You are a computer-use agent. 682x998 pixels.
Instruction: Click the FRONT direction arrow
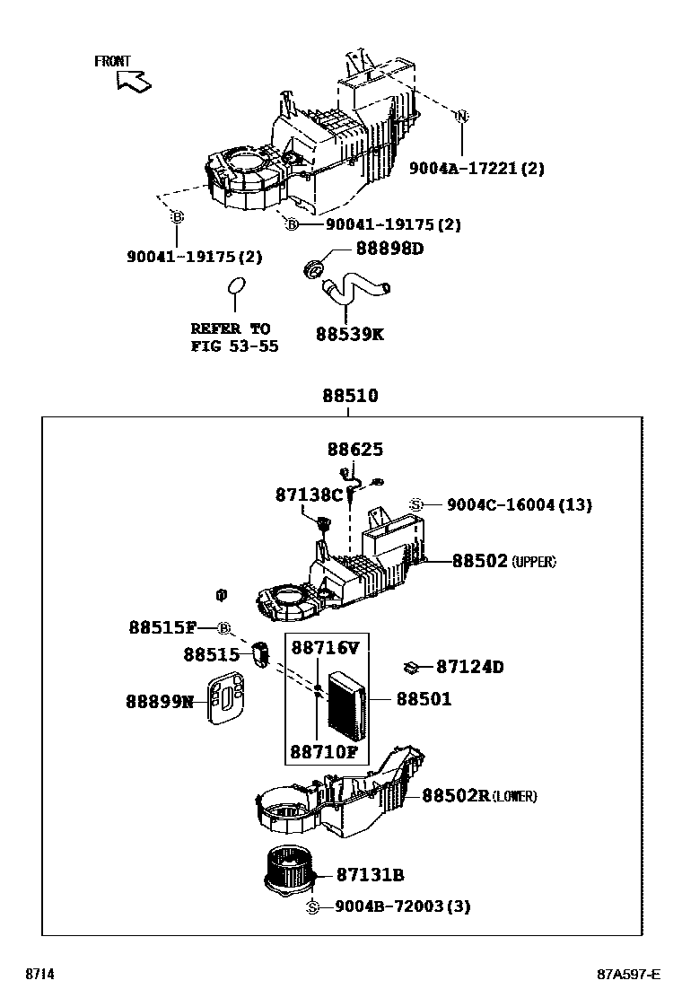click(134, 81)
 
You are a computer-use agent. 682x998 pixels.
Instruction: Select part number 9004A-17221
click(477, 169)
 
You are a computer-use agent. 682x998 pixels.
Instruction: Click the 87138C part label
click(309, 495)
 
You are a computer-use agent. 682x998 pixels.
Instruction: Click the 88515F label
click(162, 628)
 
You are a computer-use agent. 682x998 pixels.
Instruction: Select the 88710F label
click(324, 751)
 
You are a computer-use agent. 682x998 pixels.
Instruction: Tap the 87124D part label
click(469, 667)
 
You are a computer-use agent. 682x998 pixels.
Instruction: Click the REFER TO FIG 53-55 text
click(233, 337)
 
